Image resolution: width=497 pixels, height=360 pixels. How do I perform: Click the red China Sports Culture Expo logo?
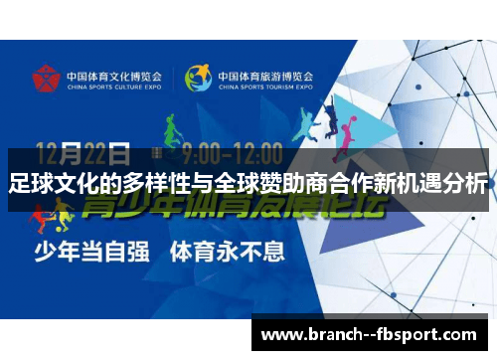point(44,78)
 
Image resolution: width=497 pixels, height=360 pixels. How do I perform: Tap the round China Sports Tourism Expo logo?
point(199,78)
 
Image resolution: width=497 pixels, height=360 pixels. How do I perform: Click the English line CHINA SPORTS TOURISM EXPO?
point(265,86)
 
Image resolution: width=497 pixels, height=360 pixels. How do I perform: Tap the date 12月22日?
point(83,154)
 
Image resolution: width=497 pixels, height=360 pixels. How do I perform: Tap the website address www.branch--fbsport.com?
point(369,335)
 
